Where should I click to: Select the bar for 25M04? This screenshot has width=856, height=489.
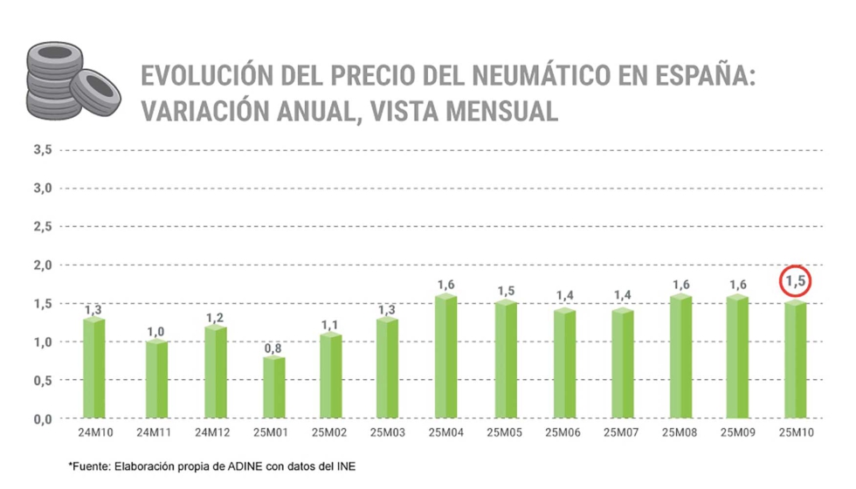tap(445, 357)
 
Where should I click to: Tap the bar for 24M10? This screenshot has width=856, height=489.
tap(93, 368)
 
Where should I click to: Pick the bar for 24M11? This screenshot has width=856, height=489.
tap(155, 380)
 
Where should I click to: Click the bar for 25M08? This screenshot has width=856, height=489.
tap(680, 357)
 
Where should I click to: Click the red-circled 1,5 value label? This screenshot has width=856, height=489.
tap(796, 281)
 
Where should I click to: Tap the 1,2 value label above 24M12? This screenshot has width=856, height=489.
tap(213, 318)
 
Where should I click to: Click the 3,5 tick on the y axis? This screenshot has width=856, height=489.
tap(44, 149)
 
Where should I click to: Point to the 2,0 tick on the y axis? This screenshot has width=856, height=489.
tap(44, 265)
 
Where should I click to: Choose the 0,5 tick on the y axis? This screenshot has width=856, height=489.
tap(44, 380)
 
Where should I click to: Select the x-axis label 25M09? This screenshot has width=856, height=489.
tap(738, 433)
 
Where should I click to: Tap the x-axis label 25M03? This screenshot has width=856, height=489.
tap(388, 433)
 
